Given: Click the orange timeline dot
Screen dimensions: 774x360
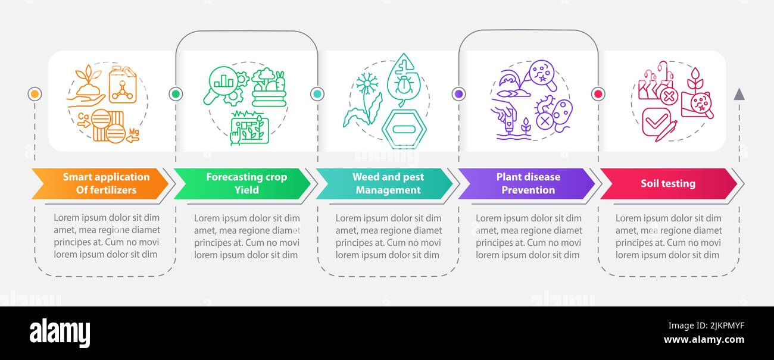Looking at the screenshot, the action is click(35, 94).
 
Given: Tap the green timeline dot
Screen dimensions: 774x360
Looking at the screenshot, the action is click(176, 94).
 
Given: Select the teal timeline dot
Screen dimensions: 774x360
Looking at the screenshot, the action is click(317, 94).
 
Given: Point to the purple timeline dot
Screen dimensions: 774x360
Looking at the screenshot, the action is click(459, 94).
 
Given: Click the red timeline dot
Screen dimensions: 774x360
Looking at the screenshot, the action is click(598, 94).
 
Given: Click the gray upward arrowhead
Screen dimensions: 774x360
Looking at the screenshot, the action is click(739, 95).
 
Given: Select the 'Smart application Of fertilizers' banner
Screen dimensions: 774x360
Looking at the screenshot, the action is click(100, 183).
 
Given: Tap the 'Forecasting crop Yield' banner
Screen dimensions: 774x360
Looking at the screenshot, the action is click(242, 183).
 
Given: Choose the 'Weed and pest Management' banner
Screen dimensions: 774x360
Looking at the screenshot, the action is click(384, 183).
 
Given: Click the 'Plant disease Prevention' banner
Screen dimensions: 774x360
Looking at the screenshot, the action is click(526, 183).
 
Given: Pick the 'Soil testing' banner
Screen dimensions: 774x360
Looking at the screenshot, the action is click(669, 183).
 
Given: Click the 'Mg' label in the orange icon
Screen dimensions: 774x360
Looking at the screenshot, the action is click(134, 132).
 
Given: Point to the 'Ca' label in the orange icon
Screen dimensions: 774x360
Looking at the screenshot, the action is click(83, 117).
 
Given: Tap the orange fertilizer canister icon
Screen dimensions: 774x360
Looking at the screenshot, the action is click(123, 84).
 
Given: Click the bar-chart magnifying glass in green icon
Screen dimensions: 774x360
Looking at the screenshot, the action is click(221, 84).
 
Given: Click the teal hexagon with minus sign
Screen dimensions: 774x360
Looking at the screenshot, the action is click(404, 129).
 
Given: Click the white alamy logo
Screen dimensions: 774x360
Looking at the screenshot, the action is click(60, 333).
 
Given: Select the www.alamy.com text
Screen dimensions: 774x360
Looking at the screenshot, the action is click(704, 340).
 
